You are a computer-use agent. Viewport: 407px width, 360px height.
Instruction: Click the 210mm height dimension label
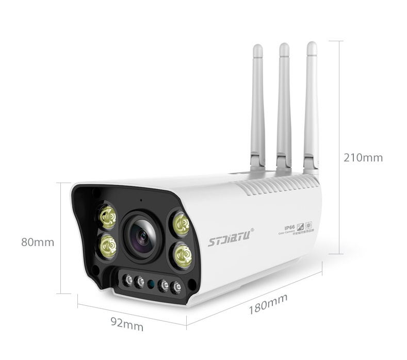363,158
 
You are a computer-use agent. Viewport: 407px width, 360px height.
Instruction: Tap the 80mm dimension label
37,242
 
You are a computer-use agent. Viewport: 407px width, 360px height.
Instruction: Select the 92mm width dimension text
127,325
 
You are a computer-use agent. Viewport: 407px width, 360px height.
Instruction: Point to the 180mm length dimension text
268,304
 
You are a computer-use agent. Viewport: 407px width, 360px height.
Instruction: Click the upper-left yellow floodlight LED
107,217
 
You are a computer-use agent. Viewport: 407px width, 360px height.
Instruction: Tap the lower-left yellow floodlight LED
108,246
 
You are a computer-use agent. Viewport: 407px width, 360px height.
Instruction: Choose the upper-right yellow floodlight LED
181,223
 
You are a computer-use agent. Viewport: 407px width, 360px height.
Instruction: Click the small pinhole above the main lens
140,200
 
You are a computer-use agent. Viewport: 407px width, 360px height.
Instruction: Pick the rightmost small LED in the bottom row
176,287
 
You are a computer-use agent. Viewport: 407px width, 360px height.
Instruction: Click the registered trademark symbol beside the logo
252,231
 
